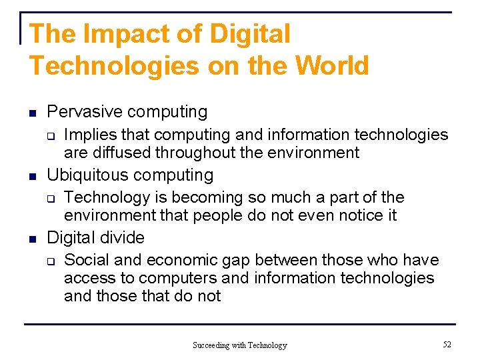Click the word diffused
pos(121,153)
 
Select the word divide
pos(122,237)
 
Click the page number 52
pos(446,344)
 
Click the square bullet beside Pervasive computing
pos(32,113)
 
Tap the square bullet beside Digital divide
pos(32,238)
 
